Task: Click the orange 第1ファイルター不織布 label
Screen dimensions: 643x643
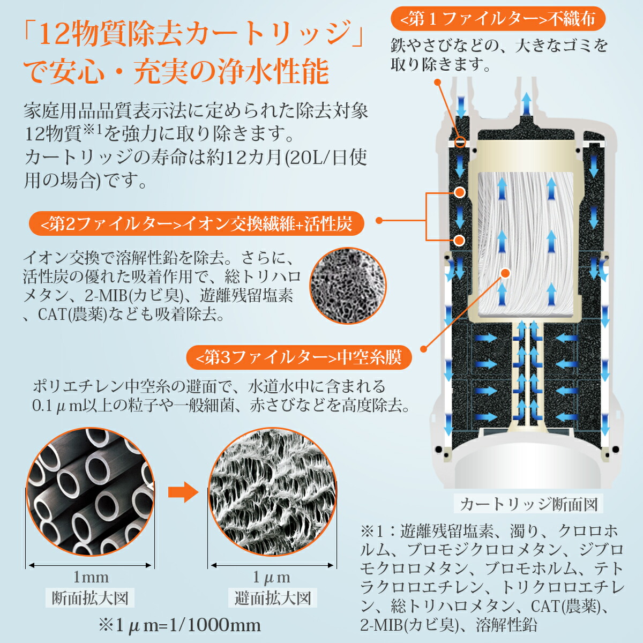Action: (x=498, y=20)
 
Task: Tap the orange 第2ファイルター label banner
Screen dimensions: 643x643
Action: (x=197, y=224)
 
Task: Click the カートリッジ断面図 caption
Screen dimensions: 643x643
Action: (x=528, y=504)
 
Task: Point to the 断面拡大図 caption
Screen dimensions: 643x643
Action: (x=90, y=598)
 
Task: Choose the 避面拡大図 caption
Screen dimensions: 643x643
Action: (x=273, y=598)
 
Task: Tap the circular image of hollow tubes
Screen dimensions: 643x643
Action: (x=90, y=492)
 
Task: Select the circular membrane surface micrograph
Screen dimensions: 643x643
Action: (x=273, y=492)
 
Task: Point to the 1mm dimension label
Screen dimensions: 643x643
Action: (x=91, y=577)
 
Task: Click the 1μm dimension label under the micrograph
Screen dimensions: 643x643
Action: (x=272, y=577)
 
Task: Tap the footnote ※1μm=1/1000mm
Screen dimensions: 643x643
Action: (x=180, y=625)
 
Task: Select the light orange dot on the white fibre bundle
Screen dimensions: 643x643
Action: (x=505, y=273)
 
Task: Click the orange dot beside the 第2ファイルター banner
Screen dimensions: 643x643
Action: (x=379, y=220)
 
